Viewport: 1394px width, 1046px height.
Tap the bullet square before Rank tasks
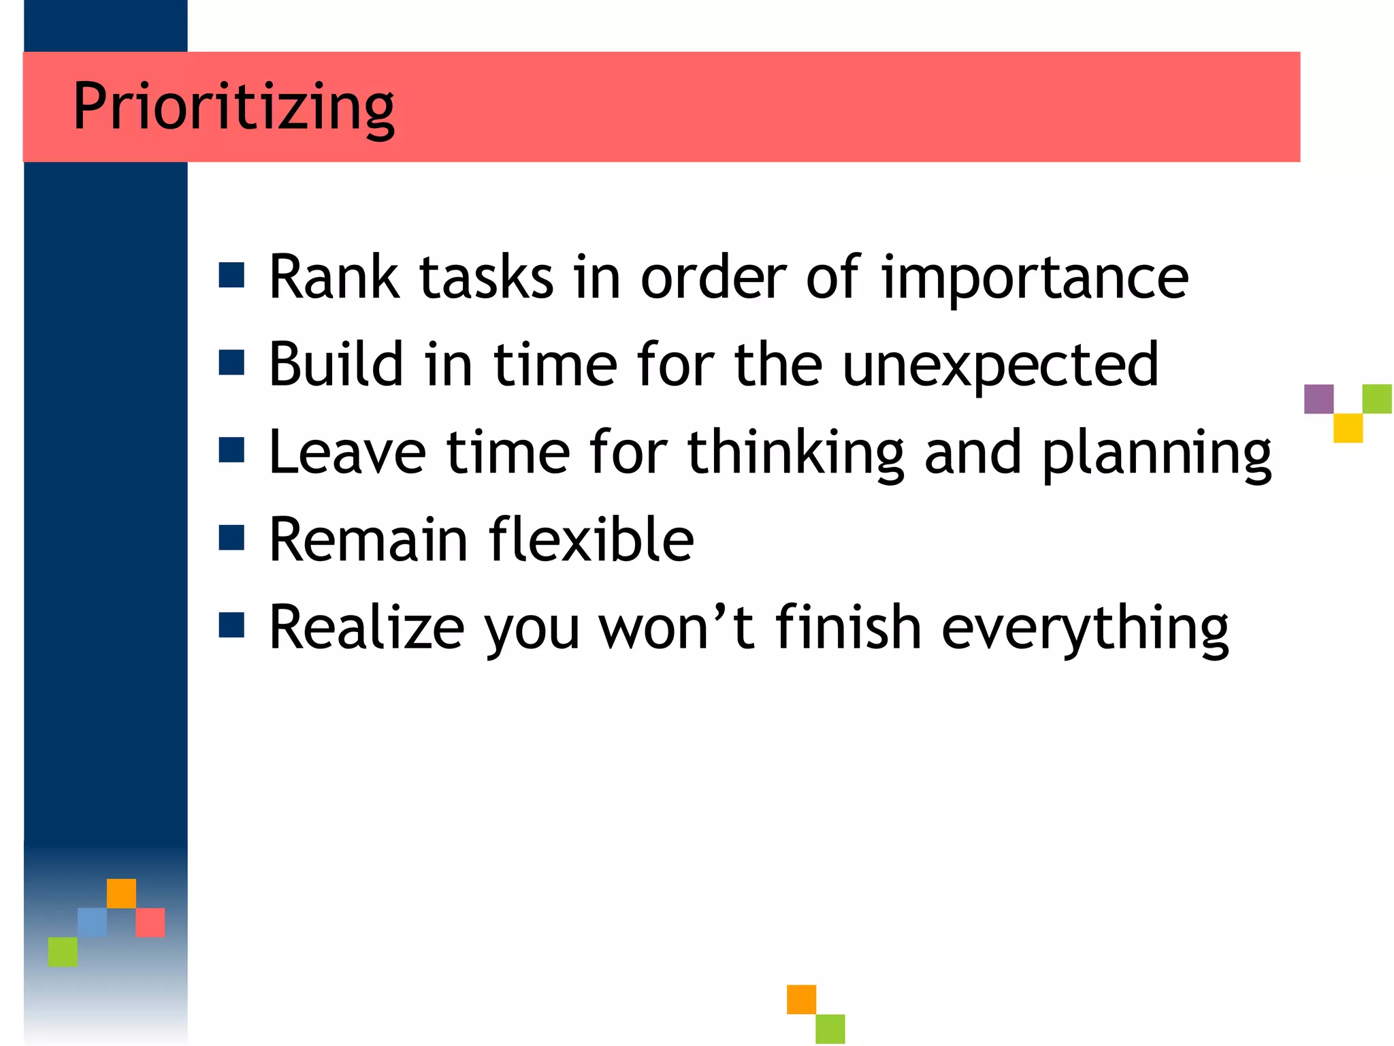click(231, 275)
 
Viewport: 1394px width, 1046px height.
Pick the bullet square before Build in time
click(231, 362)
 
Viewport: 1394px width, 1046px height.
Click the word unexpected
click(1000, 366)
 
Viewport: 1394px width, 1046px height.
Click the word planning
click(1156, 454)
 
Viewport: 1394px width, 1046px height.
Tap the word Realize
click(366, 628)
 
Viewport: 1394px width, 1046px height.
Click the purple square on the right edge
click(1318, 399)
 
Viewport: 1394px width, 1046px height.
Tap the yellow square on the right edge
click(1348, 428)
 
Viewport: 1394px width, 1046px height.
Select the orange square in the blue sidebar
click(121, 893)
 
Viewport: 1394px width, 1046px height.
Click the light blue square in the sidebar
click(92, 922)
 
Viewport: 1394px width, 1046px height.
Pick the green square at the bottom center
click(830, 1028)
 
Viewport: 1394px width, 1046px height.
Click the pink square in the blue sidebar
click(150, 922)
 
